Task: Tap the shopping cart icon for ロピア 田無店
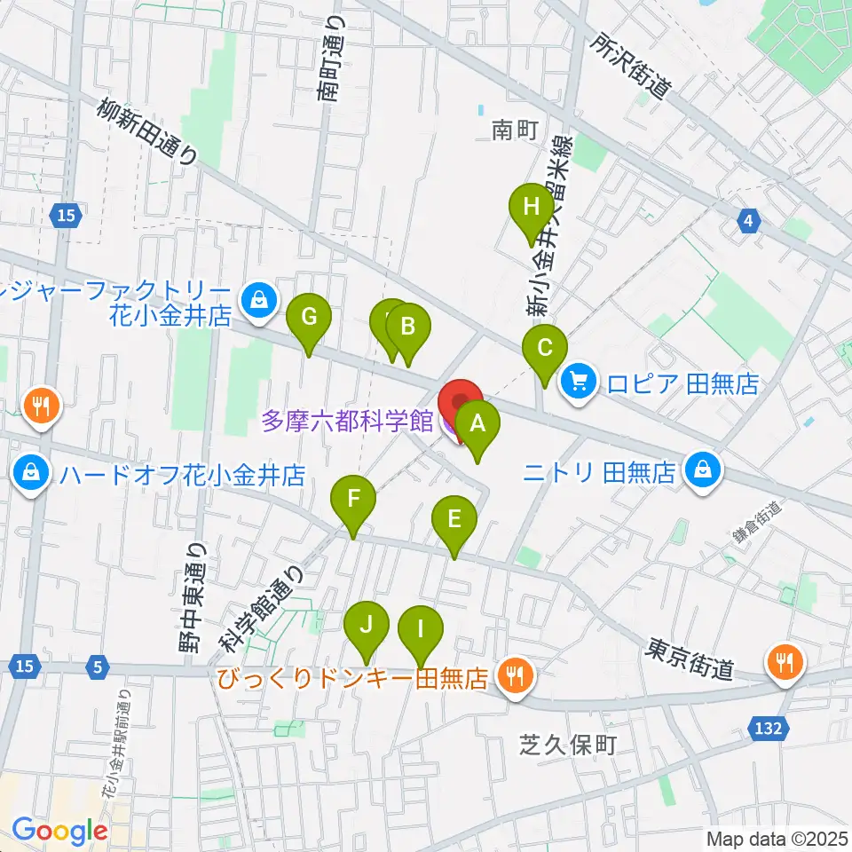pos(579,383)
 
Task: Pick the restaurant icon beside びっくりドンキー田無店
pos(512,679)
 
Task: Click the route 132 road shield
pos(769,728)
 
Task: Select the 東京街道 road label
pos(690,659)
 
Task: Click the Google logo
pos(59,832)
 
